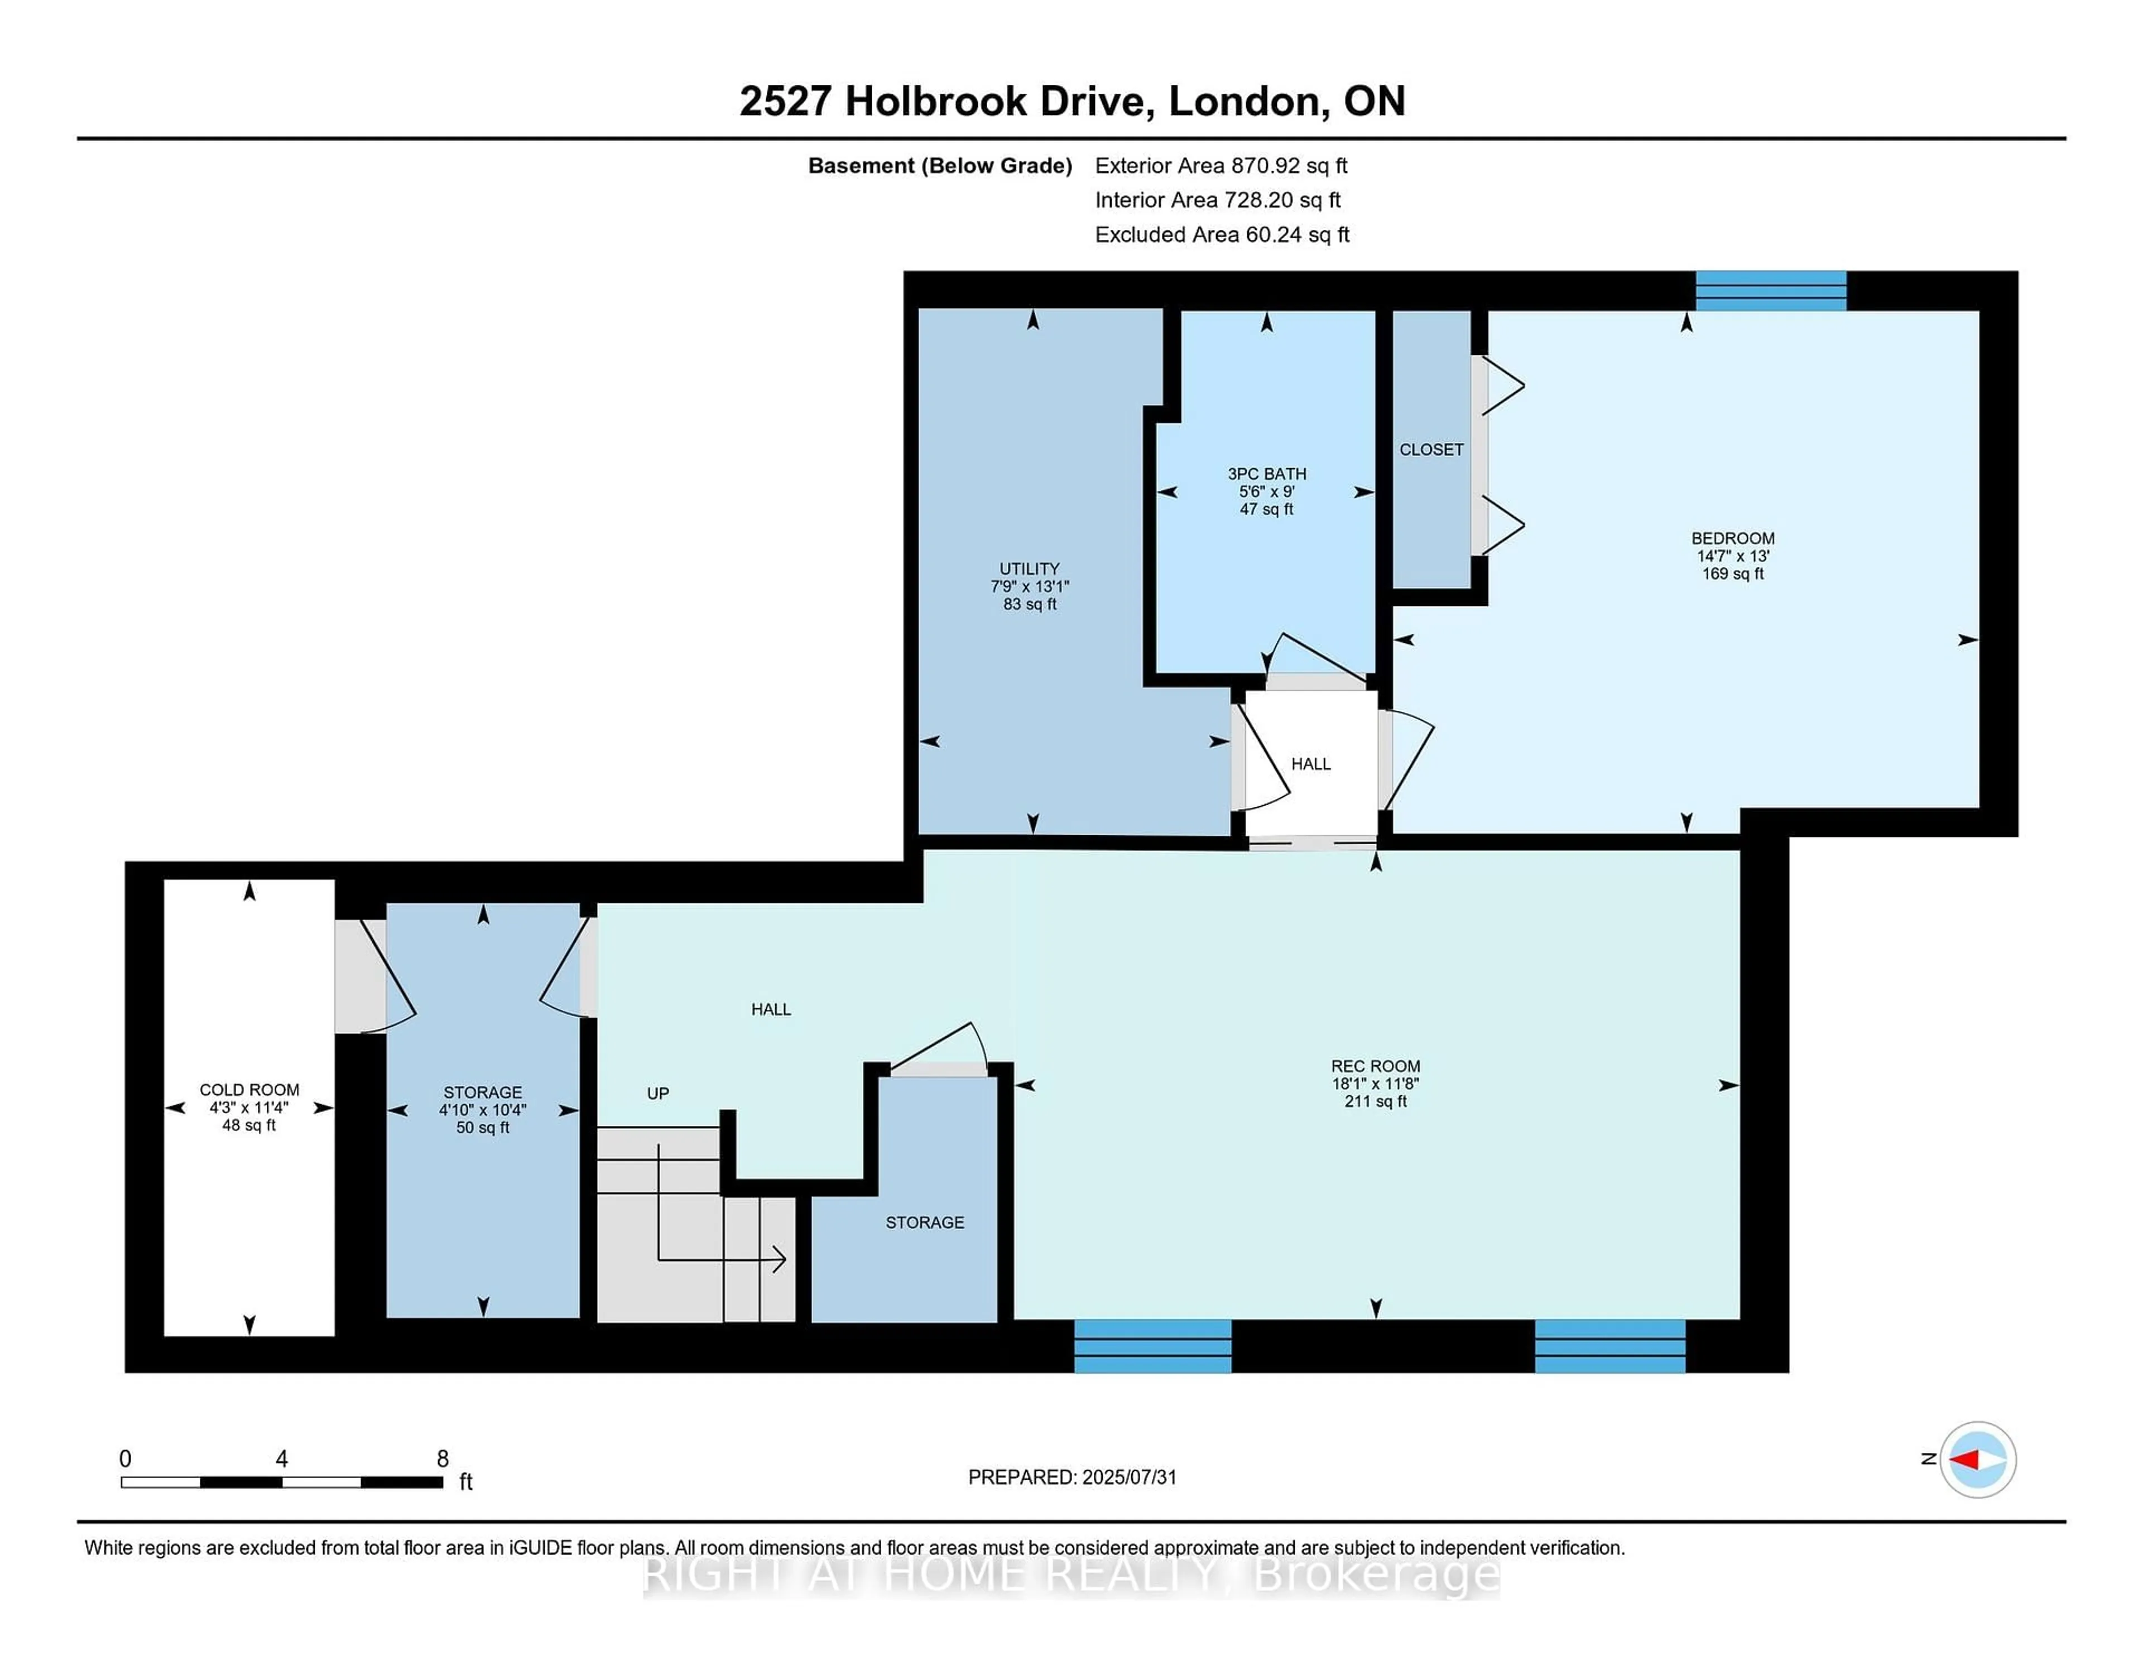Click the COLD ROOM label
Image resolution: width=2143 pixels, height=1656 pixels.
249,1090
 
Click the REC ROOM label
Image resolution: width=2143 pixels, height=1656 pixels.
1375,1066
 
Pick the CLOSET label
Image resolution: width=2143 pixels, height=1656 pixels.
1431,449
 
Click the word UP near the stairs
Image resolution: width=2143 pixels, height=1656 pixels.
657,1093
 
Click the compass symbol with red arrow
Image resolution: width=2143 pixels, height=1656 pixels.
1977,1460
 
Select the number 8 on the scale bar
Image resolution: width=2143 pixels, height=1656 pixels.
443,1459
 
